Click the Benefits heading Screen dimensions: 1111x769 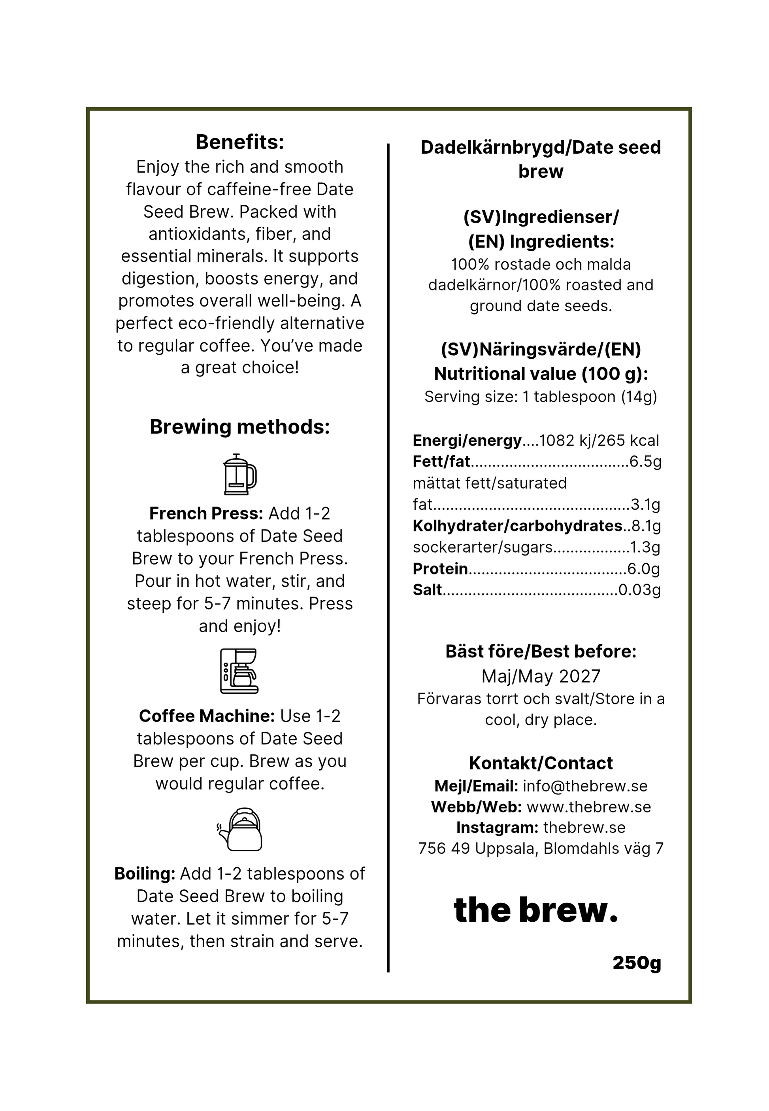coord(239,142)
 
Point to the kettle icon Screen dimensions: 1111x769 coord(239,829)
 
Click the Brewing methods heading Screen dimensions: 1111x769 coord(239,427)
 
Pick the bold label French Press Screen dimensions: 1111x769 coord(206,514)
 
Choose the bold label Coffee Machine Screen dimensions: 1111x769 coord(207,716)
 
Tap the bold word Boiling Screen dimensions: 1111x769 coord(145,874)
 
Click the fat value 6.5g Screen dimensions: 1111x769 coord(645,461)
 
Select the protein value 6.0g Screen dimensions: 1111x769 coord(643,569)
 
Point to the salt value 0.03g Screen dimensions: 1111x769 coord(639,590)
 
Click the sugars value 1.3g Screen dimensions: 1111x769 coord(645,547)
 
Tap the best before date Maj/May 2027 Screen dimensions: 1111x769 coord(541,676)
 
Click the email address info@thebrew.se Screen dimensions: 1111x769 coord(585,786)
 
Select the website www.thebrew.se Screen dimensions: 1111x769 coord(589,807)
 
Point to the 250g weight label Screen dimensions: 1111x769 coord(637,963)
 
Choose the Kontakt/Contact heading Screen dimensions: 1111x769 coord(541,763)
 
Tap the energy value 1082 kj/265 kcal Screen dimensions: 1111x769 coord(599,441)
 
